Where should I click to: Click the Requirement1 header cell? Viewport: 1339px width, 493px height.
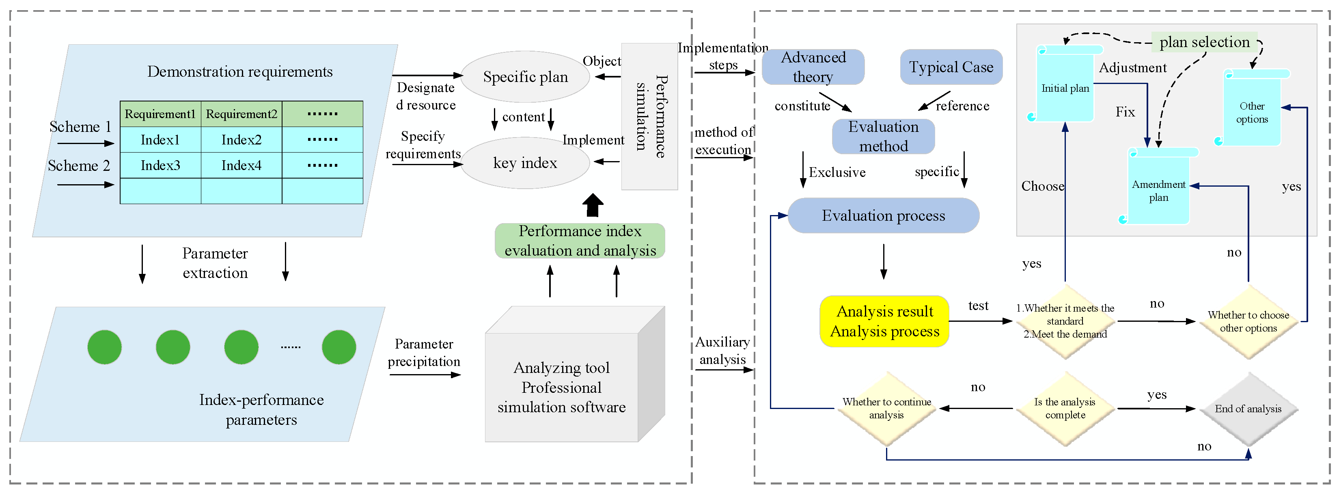pos(160,114)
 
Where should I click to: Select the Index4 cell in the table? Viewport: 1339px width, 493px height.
pos(241,165)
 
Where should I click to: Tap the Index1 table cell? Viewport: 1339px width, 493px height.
pos(160,140)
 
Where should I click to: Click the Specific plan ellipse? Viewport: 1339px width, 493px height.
pos(525,77)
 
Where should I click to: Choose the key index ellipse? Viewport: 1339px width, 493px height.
pos(525,163)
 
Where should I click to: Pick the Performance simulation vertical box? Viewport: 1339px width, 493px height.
pos(650,116)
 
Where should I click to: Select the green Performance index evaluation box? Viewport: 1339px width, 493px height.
pos(580,241)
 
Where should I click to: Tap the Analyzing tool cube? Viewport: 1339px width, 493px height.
pos(575,374)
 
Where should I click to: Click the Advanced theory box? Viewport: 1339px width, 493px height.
pos(813,67)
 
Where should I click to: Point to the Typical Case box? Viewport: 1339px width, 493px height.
pos(951,67)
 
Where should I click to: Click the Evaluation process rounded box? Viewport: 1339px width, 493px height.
pos(884,215)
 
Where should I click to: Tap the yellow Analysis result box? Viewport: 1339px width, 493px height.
pos(884,321)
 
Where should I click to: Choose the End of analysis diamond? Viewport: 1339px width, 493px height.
pos(1248,409)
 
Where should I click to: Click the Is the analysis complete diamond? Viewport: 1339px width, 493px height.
pos(1065,409)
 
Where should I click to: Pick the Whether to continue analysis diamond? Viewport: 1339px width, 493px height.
pos(886,409)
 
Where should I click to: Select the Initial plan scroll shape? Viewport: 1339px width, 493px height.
pos(1065,84)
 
